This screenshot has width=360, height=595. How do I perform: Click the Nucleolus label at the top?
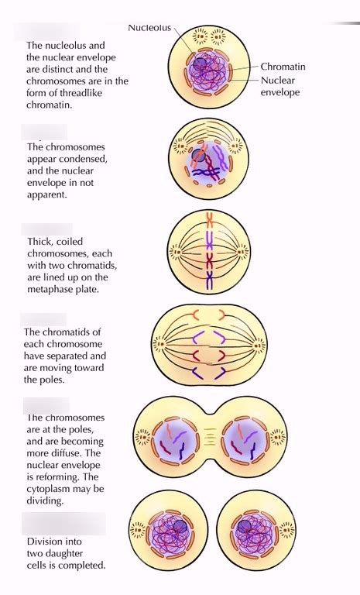click(149, 28)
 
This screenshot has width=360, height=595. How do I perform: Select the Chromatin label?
click(283, 67)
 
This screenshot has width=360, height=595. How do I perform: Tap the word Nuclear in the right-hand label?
click(278, 81)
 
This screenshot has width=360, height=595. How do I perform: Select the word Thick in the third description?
click(39, 242)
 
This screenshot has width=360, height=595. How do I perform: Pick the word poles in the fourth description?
click(53, 380)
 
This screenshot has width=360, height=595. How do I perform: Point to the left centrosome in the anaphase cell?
click(159, 345)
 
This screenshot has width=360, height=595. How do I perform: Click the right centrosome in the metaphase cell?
click(242, 252)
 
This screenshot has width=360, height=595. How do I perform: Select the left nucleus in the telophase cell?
click(176, 442)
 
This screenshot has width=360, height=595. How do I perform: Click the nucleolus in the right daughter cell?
click(243, 526)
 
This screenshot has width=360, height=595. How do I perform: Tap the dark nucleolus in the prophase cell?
click(198, 155)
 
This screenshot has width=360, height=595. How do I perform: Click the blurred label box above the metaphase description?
click(46, 229)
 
